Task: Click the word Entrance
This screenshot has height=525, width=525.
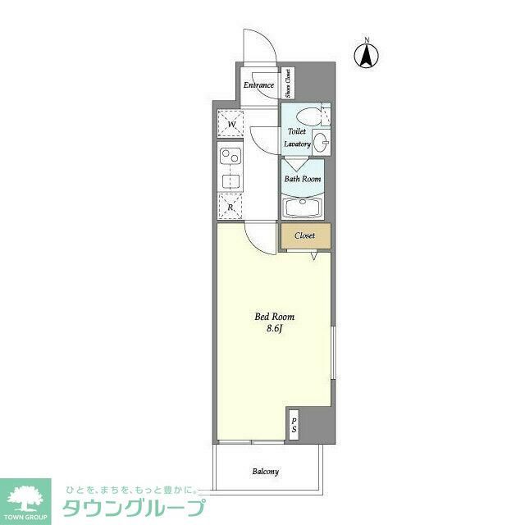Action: coord(258,85)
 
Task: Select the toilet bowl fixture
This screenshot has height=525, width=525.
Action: coord(308,115)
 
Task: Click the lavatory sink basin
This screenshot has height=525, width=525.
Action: coord(320,142)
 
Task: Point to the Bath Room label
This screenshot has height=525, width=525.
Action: coord(303,179)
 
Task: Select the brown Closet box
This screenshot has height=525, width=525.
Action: coord(305,235)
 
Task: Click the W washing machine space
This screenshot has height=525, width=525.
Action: coord(231,125)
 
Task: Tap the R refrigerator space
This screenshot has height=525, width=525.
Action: coord(231,207)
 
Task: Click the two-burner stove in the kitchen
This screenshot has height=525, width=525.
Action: coord(230,153)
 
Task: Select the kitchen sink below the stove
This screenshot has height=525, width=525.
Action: coord(231,180)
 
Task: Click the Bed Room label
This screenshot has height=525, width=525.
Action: coord(274,317)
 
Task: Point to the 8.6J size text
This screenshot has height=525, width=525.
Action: coord(274,329)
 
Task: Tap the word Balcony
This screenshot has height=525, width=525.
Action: coord(265,472)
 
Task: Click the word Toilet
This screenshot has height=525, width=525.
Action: coord(296,131)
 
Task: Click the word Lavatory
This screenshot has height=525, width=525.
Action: coord(297,144)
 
